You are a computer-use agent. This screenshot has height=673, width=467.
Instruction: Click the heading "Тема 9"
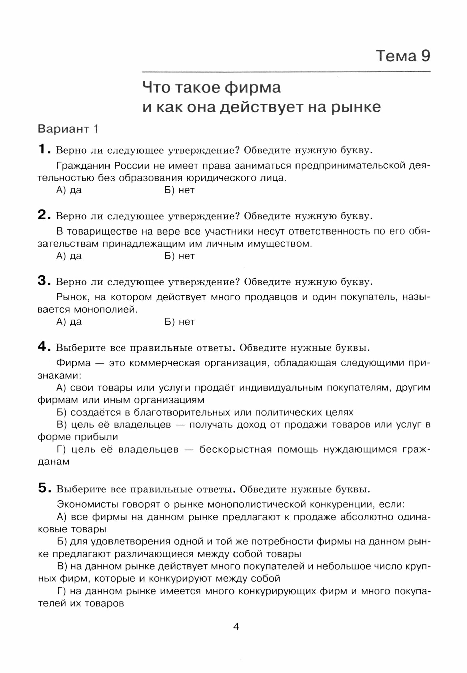coord(403,56)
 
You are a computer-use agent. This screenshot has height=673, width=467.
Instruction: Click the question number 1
coord(43,149)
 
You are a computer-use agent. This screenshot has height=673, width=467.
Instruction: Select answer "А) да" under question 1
coord(69,190)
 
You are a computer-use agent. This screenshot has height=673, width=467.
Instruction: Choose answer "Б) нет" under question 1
coord(180,190)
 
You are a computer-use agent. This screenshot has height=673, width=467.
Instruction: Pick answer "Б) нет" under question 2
coord(180,256)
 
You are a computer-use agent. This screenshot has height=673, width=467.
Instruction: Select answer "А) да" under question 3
coord(69,322)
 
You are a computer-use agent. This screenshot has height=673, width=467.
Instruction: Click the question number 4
coord(43,346)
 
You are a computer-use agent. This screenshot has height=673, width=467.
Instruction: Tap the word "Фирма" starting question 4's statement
coord(74,363)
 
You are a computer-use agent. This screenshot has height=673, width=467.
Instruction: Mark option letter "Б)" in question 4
coord(62,412)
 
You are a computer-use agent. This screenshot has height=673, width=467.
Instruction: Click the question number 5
coord(43,488)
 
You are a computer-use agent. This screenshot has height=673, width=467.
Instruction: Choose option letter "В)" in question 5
coord(62,566)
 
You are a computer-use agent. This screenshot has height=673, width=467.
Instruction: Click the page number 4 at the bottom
coord(236,627)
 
